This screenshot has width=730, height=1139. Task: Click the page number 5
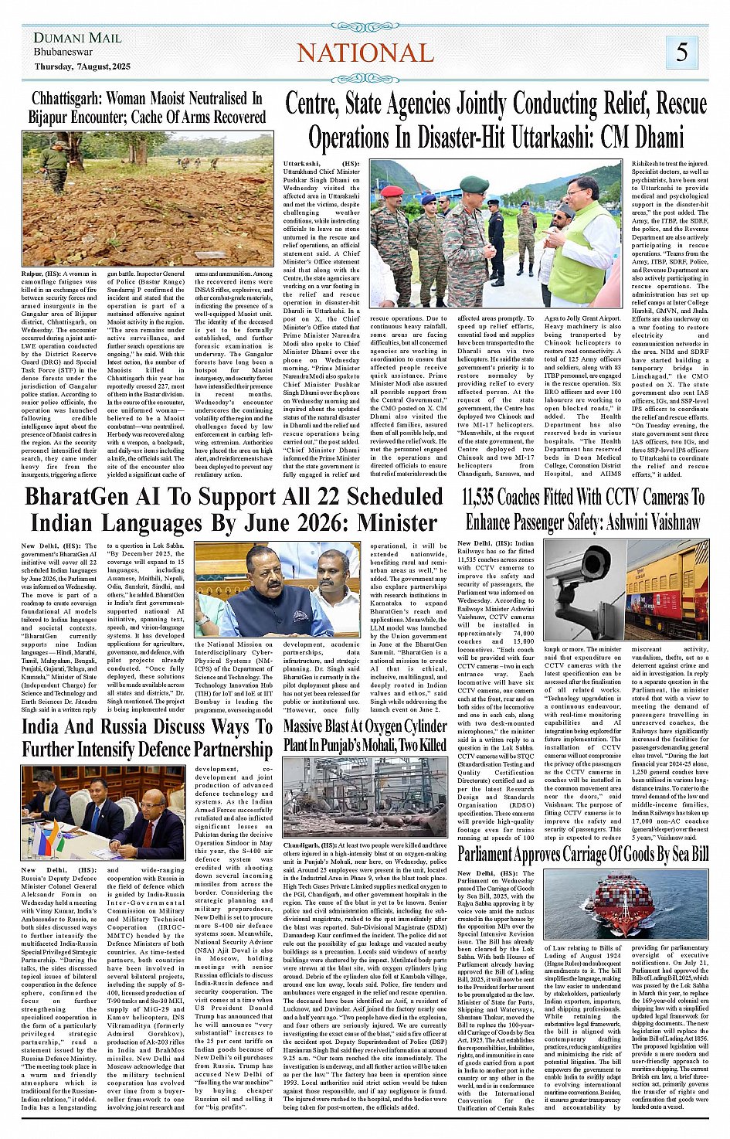(x=682, y=52)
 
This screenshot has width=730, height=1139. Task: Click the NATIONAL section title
(x=365, y=53)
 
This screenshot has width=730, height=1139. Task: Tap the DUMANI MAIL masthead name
(x=77, y=38)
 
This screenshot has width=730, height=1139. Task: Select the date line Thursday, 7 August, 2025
(x=82, y=67)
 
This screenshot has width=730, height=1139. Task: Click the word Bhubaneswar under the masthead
(x=63, y=53)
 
